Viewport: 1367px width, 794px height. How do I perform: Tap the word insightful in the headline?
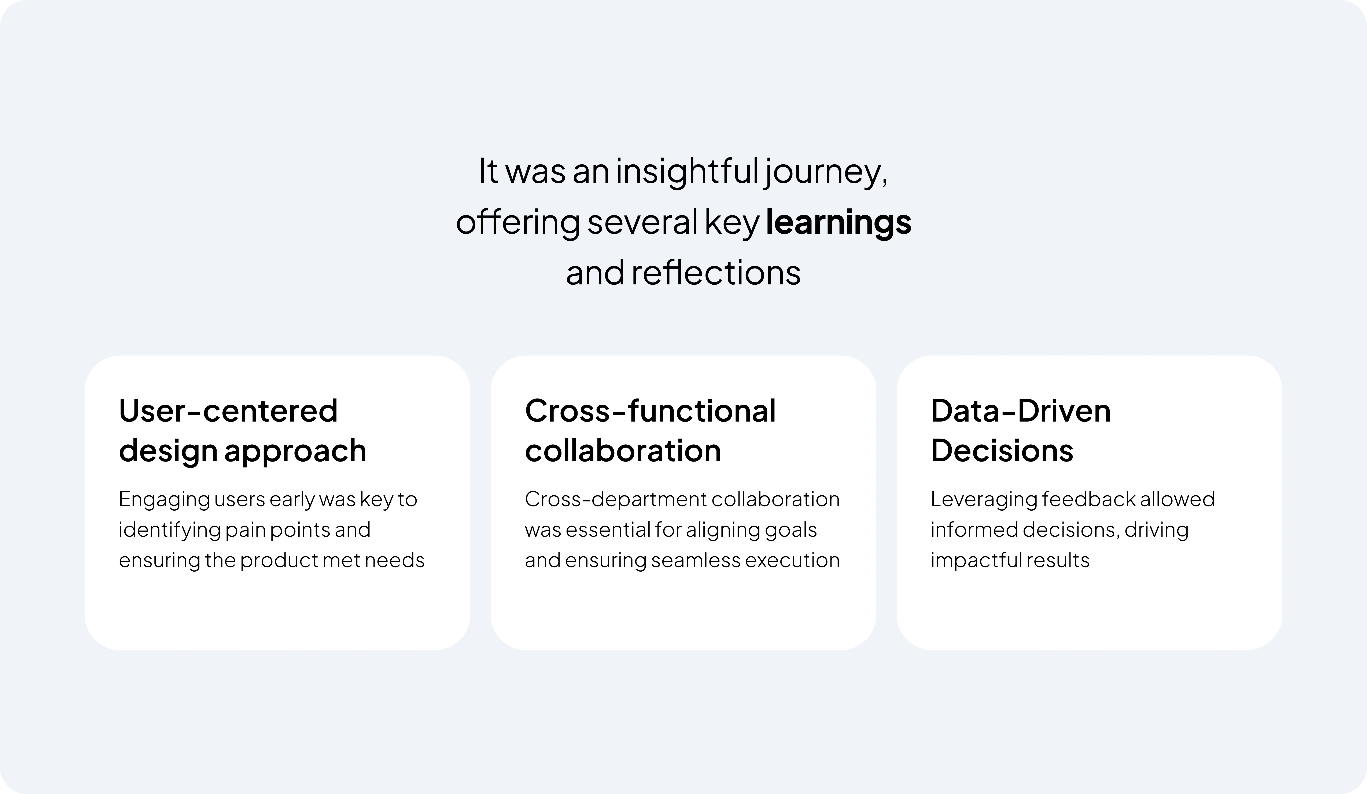687,171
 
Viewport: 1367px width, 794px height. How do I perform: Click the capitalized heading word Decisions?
1001,451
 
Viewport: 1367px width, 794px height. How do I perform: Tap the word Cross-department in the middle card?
615,499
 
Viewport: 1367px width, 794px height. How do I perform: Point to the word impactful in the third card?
968,560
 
